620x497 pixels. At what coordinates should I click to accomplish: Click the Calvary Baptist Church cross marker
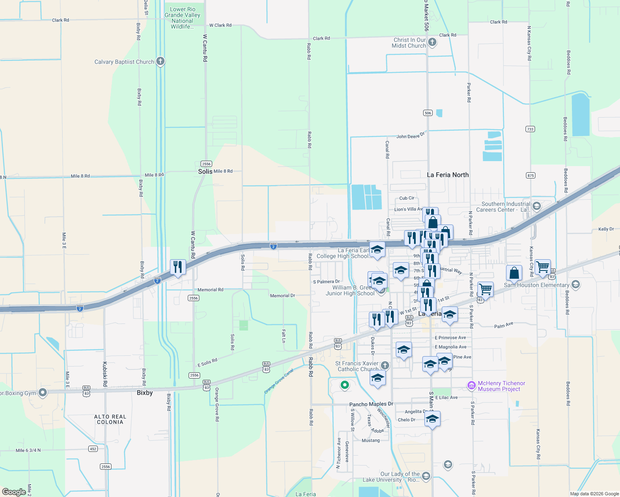(x=160, y=61)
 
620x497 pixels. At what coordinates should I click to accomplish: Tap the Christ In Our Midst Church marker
(x=432, y=42)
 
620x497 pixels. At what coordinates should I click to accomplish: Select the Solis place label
(x=205, y=171)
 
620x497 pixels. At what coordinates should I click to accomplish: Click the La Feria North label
(x=448, y=175)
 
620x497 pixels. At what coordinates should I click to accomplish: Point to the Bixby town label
(x=145, y=393)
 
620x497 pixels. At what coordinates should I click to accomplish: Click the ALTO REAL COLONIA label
(x=110, y=419)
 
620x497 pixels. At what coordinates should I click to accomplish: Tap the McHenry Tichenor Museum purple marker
(x=471, y=386)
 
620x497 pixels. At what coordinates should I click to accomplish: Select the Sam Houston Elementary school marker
(x=575, y=285)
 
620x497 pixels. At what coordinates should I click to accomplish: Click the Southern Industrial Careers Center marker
(x=537, y=206)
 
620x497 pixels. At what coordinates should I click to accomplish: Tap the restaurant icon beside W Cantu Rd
(x=178, y=267)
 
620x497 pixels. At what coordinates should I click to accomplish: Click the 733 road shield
(x=530, y=129)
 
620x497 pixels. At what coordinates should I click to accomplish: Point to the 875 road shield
(x=530, y=175)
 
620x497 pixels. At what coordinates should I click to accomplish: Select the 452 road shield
(x=93, y=449)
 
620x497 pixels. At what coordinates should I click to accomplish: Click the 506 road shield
(x=428, y=113)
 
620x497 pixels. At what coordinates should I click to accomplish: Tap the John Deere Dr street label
(x=411, y=136)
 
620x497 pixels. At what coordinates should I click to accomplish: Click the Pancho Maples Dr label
(x=371, y=404)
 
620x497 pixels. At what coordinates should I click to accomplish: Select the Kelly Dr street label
(x=606, y=229)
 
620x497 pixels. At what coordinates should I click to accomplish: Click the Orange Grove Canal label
(x=279, y=381)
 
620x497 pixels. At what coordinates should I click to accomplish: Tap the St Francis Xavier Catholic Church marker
(x=385, y=365)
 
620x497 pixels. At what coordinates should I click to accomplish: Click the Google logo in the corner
(x=14, y=492)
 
